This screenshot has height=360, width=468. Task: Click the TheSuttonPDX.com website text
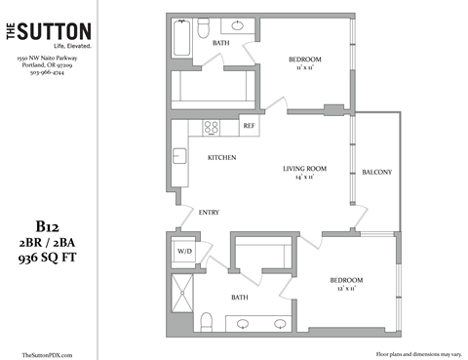47,354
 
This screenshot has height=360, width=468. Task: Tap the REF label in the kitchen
249,126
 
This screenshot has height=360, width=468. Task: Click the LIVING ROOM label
304,169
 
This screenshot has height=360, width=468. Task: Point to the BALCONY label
376,173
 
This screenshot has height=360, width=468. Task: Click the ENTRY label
210,212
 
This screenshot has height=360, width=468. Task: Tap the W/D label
183,250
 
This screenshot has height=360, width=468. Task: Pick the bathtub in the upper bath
183,42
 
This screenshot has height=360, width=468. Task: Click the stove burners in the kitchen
212,126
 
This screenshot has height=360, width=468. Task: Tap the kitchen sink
179,156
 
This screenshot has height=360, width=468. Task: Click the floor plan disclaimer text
416,354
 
